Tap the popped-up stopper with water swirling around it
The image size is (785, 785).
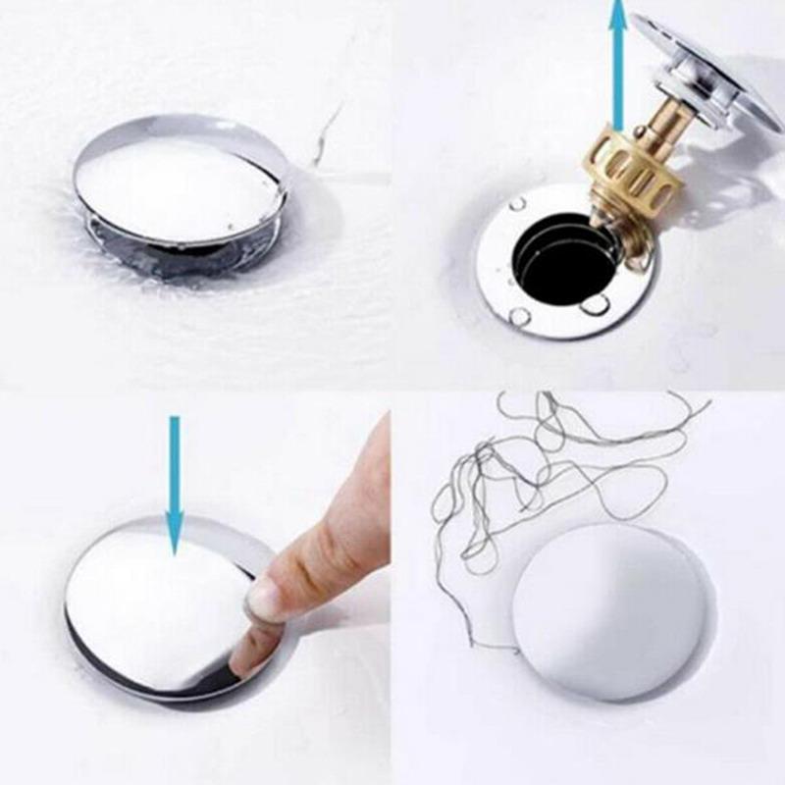pos(182,186)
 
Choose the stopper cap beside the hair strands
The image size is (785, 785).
pos(608,608)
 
